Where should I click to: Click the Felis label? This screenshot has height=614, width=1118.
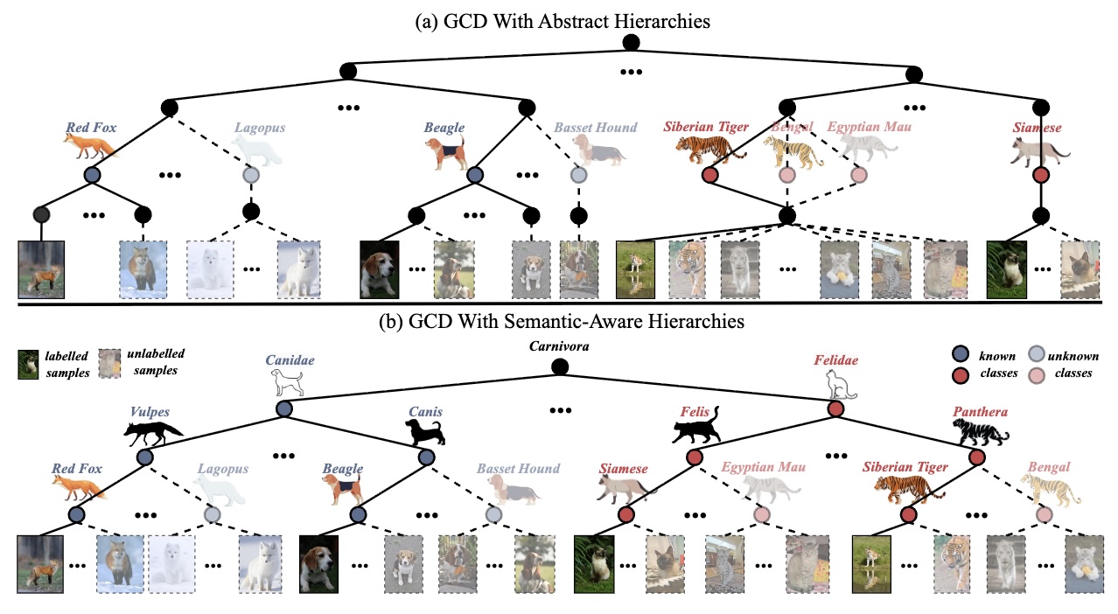tap(695, 411)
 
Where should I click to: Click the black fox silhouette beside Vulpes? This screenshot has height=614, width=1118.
tap(153, 430)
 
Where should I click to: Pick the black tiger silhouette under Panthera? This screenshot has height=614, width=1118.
tap(981, 432)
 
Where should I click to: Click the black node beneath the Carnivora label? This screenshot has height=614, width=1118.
tap(560, 366)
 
